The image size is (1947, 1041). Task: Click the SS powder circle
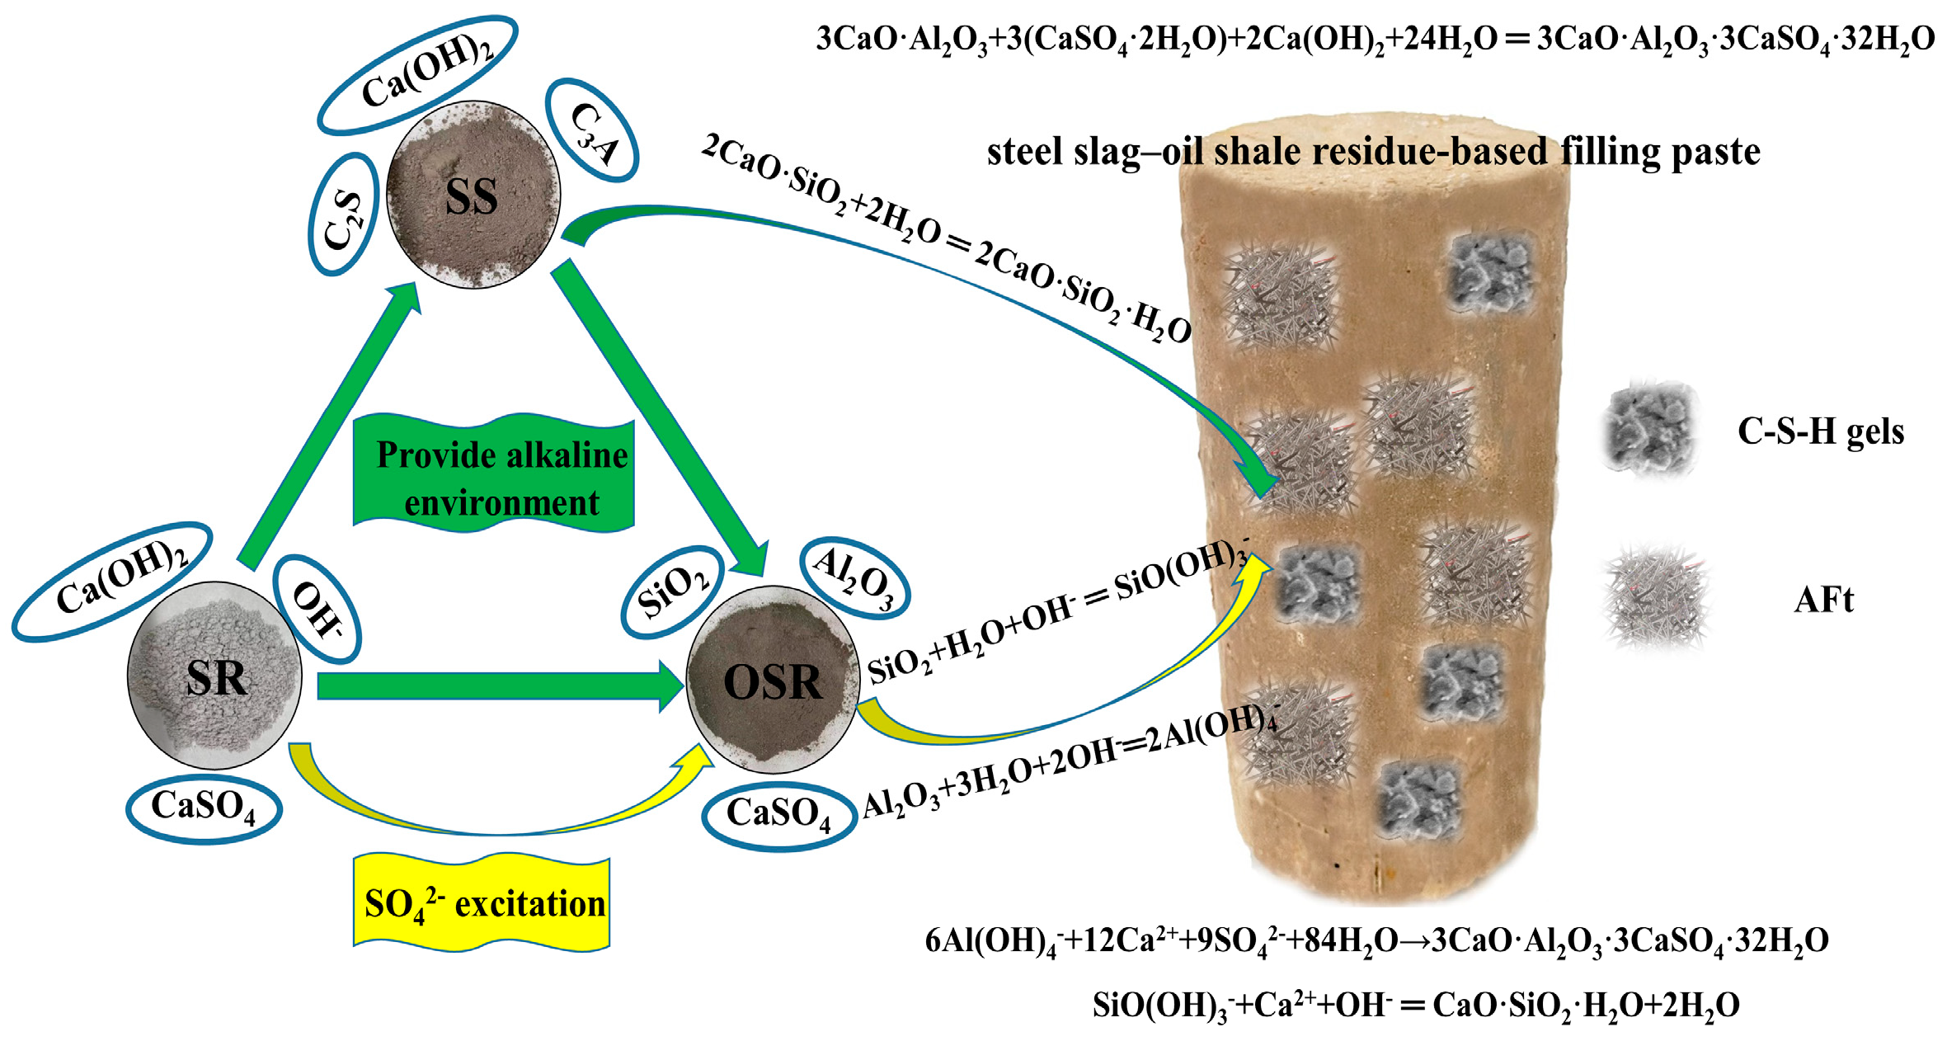[x=473, y=195]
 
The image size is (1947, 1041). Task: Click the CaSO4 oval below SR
[x=204, y=808]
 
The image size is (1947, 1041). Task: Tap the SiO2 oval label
[x=672, y=592]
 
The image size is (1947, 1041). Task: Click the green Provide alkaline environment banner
[x=495, y=477]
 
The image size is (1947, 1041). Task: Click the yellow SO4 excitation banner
[x=482, y=904]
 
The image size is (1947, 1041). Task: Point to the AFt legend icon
[x=1656, y=598]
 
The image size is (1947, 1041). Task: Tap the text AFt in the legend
[x=1822, y=600]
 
